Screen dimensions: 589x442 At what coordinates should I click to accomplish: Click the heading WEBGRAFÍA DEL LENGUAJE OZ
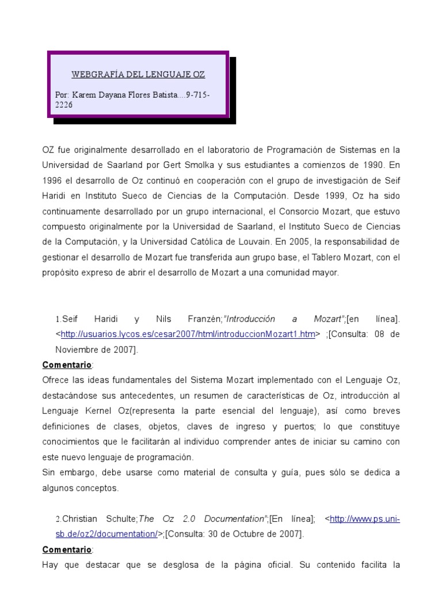point(138,75)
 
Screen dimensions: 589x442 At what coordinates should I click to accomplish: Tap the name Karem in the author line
point(81,94)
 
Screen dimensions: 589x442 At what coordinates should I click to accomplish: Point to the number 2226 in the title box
point(64,105)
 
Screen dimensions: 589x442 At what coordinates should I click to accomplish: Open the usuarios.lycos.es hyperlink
point(188,333)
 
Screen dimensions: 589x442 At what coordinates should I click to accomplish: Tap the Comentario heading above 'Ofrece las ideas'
point(67,365)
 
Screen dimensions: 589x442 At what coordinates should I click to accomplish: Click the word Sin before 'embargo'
point(49,473)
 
